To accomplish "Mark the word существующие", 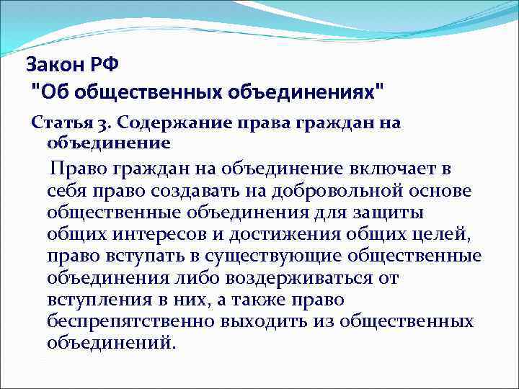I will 274,256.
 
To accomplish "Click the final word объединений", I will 110,341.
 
